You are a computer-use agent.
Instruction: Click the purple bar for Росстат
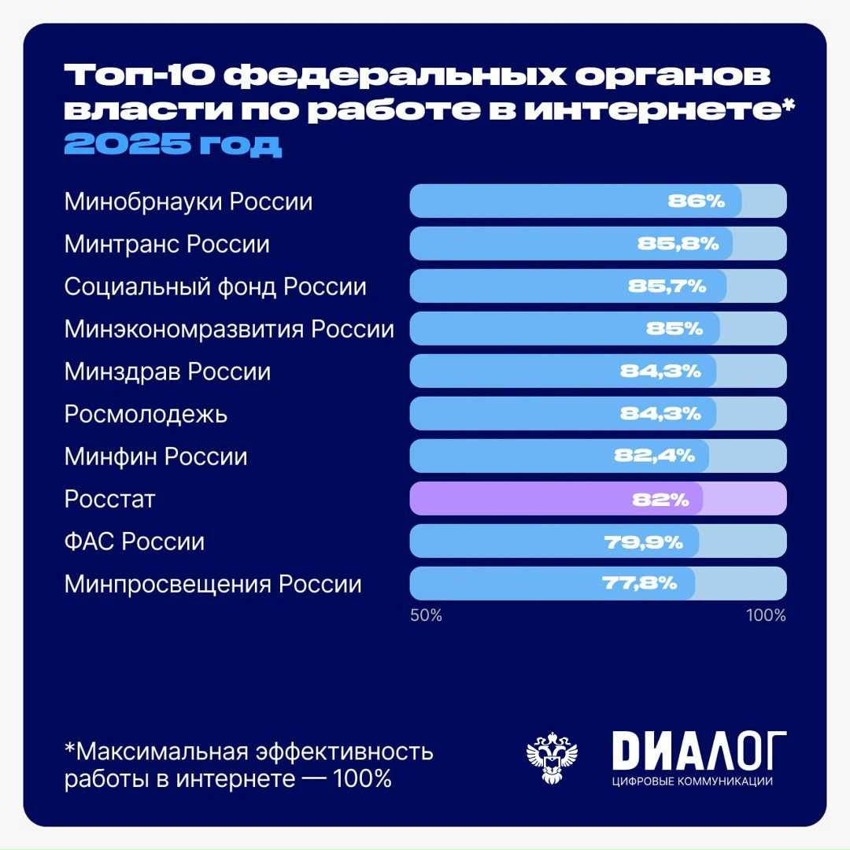(x=556, y=499)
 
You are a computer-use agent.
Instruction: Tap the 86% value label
(x=696, y=201)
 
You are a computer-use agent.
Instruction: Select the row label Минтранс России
(x=167, y=244)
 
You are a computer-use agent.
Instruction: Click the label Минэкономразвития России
(x=229, y=329)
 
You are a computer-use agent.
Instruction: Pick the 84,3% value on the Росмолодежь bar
(x=660, y=414)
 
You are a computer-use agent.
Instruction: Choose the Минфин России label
(x=156, y=456)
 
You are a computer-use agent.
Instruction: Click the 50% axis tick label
(x=426, y=615)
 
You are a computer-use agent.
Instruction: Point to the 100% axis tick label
(x=766, y=615)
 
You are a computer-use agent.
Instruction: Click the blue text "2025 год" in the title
(x=172, y=144)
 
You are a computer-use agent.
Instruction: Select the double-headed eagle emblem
(x=552, y=757)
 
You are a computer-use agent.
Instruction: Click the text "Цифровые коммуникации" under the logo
(x=692, y=782)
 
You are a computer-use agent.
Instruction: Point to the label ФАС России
(x=135, y=541)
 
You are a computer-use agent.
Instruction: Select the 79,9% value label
(x=642, y=541)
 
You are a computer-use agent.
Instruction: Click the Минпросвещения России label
(x=213, y=584)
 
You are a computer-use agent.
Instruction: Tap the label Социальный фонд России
(x=216, y=286)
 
